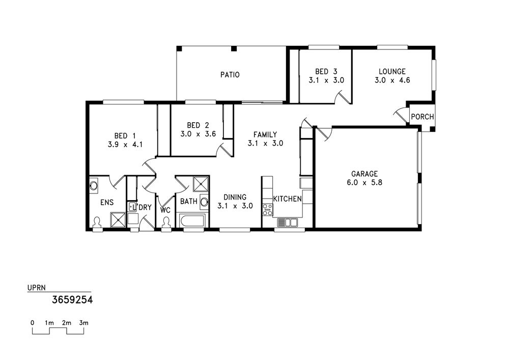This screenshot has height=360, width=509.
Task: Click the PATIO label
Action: pos(230,75)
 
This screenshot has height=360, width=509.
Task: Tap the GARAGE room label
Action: pos(364,174)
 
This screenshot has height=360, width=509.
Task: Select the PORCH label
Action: pos(422,117)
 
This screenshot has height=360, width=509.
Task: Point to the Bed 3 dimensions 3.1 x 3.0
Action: pos(326,80)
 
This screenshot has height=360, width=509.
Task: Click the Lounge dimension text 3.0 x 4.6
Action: pos(392,80)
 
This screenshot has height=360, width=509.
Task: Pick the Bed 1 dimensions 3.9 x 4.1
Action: pos(125,145)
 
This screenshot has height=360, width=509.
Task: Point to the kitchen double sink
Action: pos(287,223)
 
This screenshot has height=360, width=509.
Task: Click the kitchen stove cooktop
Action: pos(268,210)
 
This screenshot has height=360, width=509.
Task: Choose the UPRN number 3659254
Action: pos(72,299)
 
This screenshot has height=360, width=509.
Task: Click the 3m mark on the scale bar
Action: pos(84,323)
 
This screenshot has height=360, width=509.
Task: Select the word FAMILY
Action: pos(265,134)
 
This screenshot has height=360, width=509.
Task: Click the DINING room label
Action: pos(235,197)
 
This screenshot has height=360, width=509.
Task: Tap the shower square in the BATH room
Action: pos(201,184)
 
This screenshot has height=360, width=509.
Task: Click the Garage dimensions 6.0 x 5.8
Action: pos(364,182)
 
